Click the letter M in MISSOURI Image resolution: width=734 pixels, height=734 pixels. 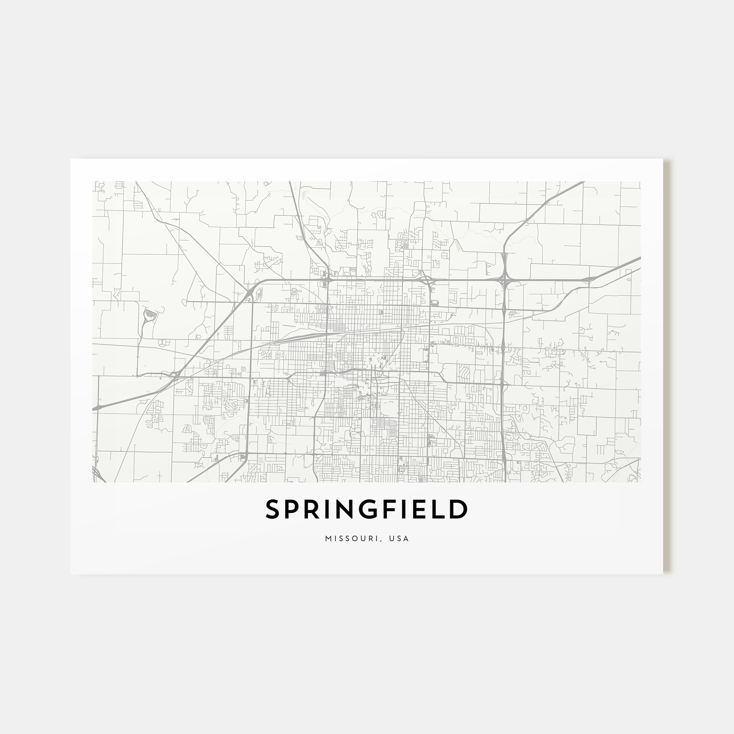328,539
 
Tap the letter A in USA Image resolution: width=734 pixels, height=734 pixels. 407,539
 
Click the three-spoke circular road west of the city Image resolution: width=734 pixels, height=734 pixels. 162,343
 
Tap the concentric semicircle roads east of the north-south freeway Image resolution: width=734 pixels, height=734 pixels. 514,313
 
